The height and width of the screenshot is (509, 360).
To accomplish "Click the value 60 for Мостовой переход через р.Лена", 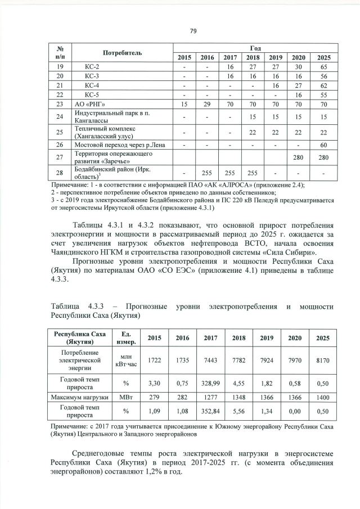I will coord(323,145).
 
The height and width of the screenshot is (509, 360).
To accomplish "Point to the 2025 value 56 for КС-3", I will coord(323,75).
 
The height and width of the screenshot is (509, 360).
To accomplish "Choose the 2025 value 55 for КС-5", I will coord(323,94).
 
